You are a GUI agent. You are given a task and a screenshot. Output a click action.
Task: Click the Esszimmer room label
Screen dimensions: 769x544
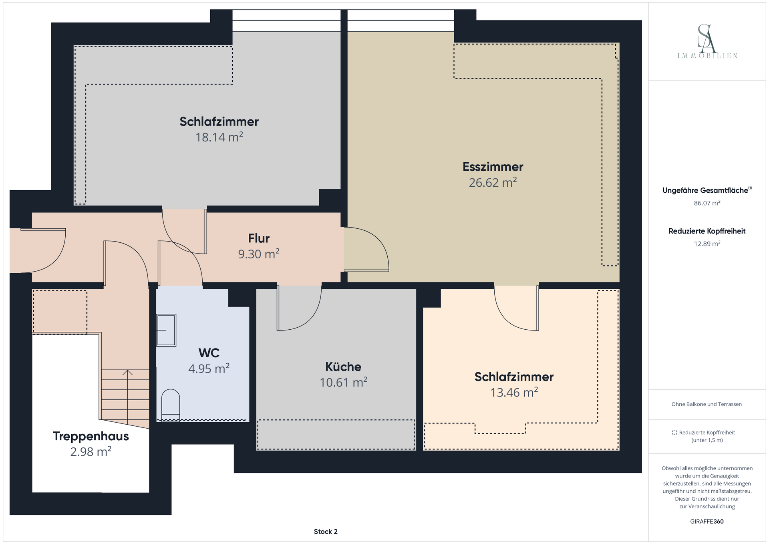click(x=493, y=167)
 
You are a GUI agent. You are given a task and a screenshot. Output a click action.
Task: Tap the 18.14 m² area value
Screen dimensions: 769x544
click(x=219, y=137)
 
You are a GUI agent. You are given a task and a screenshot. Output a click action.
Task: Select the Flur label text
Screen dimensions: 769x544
click(x=259, y=238)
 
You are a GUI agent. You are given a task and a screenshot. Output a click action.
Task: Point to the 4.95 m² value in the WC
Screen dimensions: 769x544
click(x=209, y=368)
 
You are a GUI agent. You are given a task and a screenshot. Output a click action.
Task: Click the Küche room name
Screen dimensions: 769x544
click(x=343, y=367)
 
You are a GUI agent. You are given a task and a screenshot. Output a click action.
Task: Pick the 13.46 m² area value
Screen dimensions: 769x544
click(x=514, y=392)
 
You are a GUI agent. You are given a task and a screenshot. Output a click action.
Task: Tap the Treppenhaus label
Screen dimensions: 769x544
click(x=91, y=436)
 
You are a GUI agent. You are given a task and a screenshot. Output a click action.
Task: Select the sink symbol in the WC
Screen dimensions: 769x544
click(x=166, y=330)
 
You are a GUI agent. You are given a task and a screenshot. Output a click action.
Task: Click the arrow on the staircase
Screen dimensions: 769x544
click(x=127, y=397)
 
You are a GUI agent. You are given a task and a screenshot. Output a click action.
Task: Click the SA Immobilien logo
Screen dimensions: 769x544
click(x=707, y=42)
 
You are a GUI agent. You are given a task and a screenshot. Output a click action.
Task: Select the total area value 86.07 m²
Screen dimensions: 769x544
click(x=707, y=203)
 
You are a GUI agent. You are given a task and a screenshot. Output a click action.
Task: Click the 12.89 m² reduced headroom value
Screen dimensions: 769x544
click(x=707, y=244)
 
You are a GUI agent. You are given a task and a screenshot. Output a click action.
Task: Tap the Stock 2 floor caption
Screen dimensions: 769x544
click(x=326, y=532)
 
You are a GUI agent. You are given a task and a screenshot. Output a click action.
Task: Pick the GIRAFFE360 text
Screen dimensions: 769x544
click(x=707, y=522)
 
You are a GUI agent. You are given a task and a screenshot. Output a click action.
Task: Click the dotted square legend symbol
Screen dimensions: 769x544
click(x=674, y=433)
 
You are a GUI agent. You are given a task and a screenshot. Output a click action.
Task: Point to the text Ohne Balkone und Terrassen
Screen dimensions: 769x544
click(x=707, y=404)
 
